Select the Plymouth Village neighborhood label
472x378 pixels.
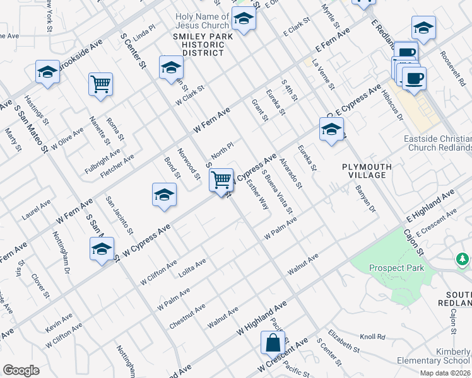pyautogui.click(x=367, y=171)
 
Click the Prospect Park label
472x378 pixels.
pyautogui.click(x=397, y=268)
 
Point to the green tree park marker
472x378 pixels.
pyautogui.click(x=463, y=259)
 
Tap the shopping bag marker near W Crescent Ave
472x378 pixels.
pyautogui.click(x=273, y=344)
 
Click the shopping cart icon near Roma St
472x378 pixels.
pyautogui.click(x=101, y=84)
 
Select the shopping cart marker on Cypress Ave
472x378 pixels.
pyautogui.click(x=221, y=181)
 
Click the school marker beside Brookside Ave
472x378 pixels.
pyautogui.click(x=47, y=72)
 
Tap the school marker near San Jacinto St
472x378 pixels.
pyautogui.click(x=164, y=195)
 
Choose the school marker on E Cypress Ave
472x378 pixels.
pyautogui.click(x=331, y=131)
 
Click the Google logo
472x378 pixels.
pyautogui.click(x=21, y=370)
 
